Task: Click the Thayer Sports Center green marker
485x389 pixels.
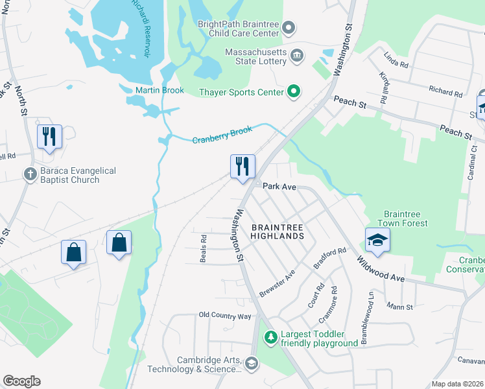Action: click(293, 91)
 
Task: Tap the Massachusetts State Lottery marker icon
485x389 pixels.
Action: click(298, 55)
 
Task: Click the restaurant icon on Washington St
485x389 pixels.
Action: click(242, 167)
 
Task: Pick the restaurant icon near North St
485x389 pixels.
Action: click(49, 137)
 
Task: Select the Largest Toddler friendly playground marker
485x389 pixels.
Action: click(270, 338)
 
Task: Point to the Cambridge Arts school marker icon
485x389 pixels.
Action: click(252, 364)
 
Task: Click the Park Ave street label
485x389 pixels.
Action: click(279, 187)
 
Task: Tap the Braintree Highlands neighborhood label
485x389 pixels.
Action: click(277, 231)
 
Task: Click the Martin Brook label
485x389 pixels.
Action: click(160, 90)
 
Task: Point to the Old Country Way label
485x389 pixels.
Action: click(224, 316)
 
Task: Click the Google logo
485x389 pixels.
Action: click(21, 381)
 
